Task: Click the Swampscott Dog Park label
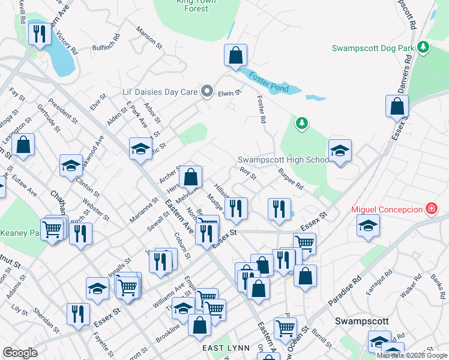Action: (x=373, y=47)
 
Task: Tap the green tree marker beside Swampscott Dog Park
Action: (x=423, y=46)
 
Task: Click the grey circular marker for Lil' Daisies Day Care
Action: (x=207, y=92)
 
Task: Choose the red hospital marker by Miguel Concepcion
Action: (x=430, y=209)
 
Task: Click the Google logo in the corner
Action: (x=20, y=353)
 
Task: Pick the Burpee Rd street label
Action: (x=291, y=179)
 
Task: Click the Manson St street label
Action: (x=149, y=37)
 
